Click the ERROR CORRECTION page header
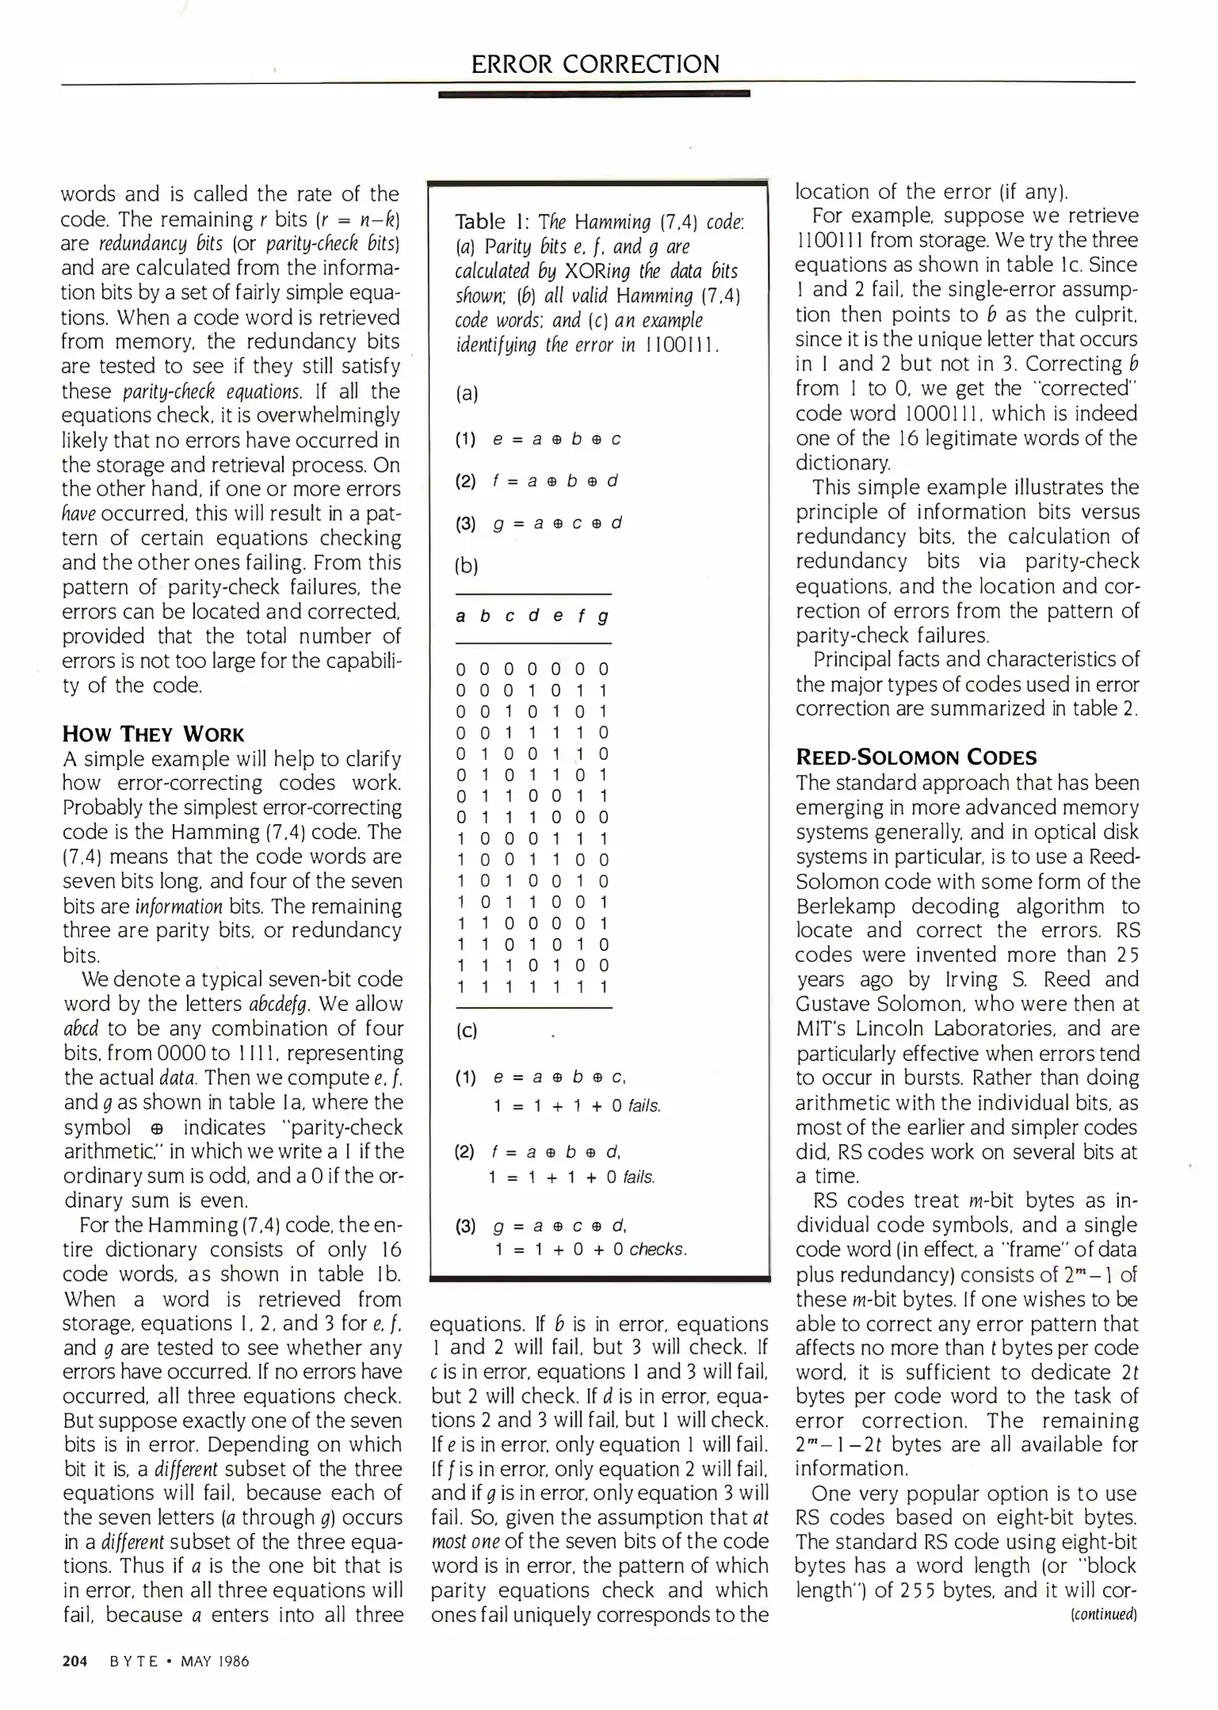(x=595, y=63)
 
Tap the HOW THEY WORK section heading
(x=154, y=733)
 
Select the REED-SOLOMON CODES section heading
(x=916, y=757)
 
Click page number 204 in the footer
(x=74, y=1661)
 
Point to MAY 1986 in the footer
(x=215, y=1661)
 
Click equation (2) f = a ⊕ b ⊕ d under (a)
(x=538, y=481)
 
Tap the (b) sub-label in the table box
(x=467, y=565)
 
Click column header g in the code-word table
(x=603, y=616)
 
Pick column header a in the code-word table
(x=461, y=616)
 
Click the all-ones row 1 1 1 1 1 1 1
(x=532, y=986)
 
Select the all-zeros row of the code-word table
(x=532, y=670)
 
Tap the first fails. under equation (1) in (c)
(x=644, y=1106)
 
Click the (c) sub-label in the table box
(x=467, y=1031)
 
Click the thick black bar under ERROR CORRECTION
(x=594, y=94)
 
